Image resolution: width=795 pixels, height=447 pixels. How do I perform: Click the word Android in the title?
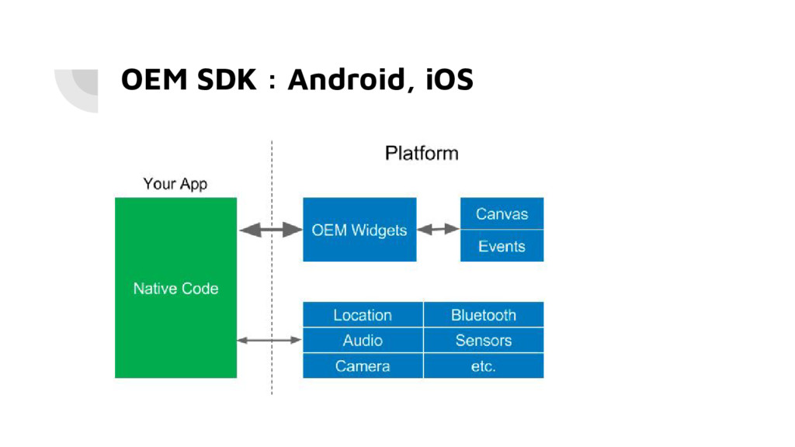pos(347,80)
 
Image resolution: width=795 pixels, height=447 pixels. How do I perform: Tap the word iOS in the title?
pos(450,80)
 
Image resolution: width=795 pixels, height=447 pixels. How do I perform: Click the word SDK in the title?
pos(227,80)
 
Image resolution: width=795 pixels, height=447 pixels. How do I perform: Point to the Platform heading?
pos(422,153)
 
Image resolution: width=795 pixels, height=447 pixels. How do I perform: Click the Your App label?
pos(175,183)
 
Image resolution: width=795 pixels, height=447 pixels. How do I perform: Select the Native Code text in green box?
pos(175,289)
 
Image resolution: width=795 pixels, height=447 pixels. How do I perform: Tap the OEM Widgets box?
pos(359,230)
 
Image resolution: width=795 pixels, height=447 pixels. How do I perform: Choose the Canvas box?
pos(502,213)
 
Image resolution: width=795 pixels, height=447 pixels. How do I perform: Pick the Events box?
pos(502,246)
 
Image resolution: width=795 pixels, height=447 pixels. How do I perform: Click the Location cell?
pos(363,315)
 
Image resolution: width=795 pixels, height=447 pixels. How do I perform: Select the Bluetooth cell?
pos(484,315)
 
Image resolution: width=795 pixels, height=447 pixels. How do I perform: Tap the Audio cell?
pos(363,340)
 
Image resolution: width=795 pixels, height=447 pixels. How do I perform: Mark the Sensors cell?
pos(484,340)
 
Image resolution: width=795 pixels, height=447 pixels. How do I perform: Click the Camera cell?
pos(363,366)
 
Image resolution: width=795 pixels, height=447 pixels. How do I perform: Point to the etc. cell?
pos(484,366)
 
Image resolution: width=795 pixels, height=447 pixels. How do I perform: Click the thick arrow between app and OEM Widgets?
pos(270,230)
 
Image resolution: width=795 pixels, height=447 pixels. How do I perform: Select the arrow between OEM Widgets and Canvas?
pos(438,229)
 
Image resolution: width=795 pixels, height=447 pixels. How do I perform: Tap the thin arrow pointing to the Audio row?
pos(269,340)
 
